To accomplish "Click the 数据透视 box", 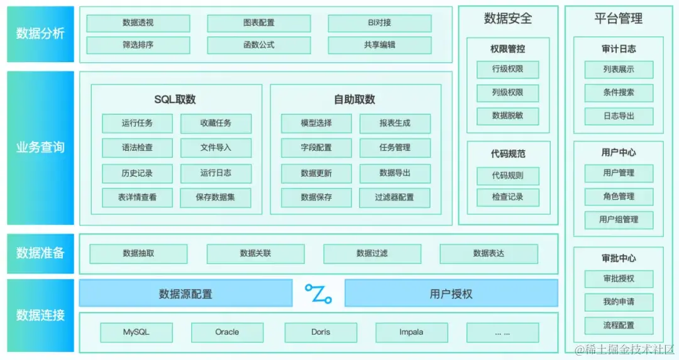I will [138, 23].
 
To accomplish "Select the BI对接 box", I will [379, 23].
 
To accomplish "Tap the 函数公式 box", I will [258, 45].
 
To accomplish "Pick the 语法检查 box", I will [137, 148].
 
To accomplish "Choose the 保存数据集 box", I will [216, 197].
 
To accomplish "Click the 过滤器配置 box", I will [395, 197].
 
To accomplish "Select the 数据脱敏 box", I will [507, 116].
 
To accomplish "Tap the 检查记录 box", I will [507, 197].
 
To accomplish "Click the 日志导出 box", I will [619, 116].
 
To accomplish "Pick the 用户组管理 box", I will [619, 220].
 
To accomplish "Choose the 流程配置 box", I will [619, 325].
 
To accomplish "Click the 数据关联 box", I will [255, 254].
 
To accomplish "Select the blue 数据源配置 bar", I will [185, 293].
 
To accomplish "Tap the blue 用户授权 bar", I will [451, 293].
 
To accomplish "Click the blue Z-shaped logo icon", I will [318, 293].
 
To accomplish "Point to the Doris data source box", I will [321, 332].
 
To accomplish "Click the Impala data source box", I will [411, 332].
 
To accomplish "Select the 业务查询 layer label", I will [40, 148].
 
